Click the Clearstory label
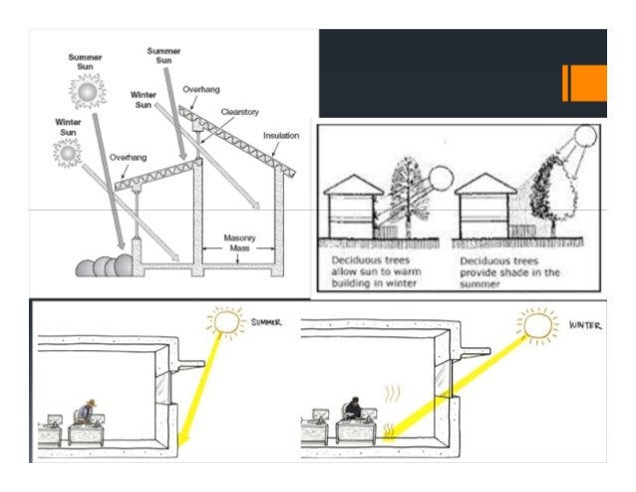[241, 114]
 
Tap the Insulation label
[281, 135]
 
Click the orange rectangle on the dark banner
[584, 83]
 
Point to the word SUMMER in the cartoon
[268, 323]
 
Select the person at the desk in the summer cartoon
[88, 412]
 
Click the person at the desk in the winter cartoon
[352, 411]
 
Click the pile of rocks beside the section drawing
[101, 265]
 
